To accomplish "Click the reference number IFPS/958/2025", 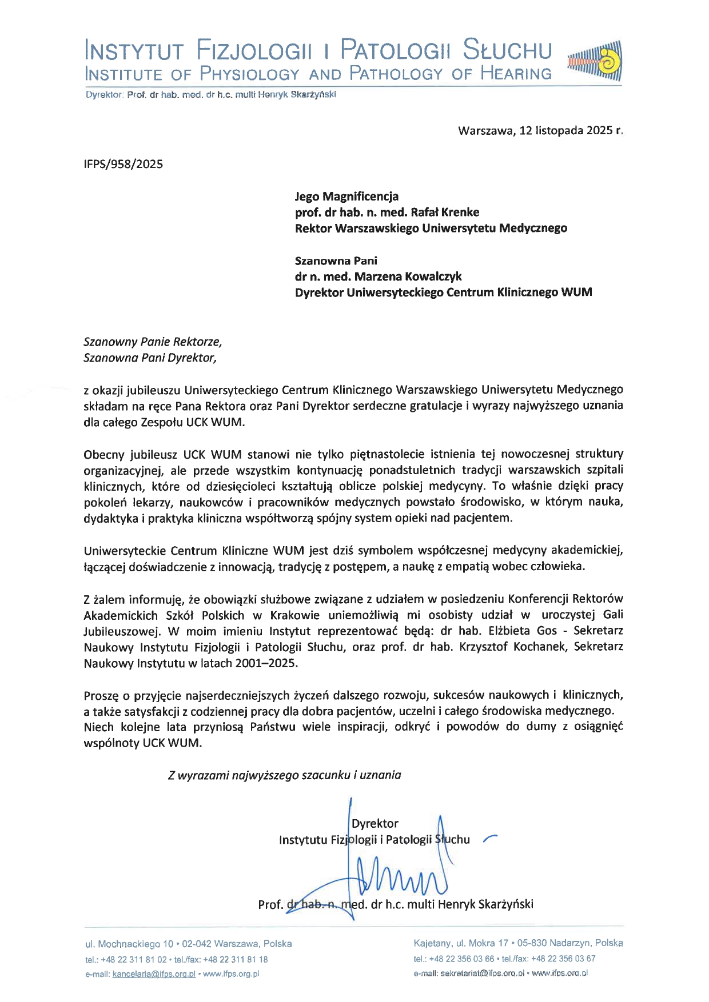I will pyautogui.click(x=123, y=165).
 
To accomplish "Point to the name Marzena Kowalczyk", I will pyautogui.click(x=408, y=276).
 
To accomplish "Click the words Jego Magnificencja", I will pyautogui.click(x=346, y=197).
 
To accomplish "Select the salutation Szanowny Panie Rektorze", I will pyautogui.click(x=152, y=342).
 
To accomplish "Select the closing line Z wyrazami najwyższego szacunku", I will pyautogui.click(x=284, y=775).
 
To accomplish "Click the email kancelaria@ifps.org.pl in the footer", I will pyautogui.click(x=154, y=974).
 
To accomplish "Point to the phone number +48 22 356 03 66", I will pyautogui.click(x=461, y=959).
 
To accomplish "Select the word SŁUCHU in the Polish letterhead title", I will pyautogui.click(x=507, y=50).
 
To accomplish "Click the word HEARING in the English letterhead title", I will pyautogui.click(x=516, y=74).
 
